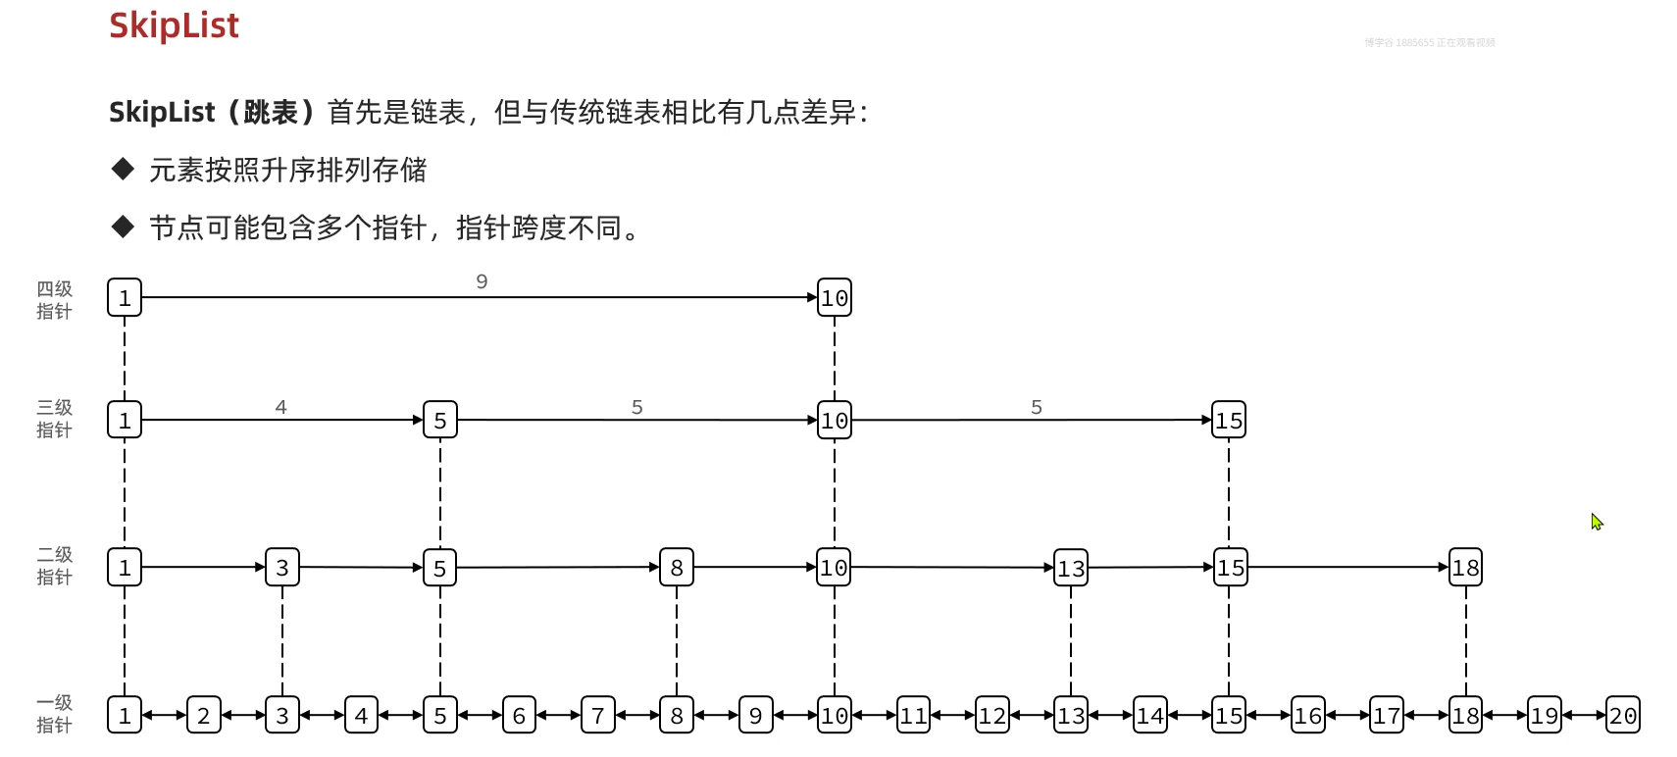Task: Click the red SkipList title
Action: tap(174, 25)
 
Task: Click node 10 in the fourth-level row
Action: tap(835, 298)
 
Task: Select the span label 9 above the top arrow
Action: tap(482, 281)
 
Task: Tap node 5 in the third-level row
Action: tap(440, 421)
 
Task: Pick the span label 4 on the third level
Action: tap(281, 407)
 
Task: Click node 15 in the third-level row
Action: tap(1229, 421)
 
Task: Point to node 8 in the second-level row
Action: tap(677, 568)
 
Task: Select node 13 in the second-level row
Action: tap(1071, 568)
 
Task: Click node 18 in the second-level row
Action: tap(1465, 568)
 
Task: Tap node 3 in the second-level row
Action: tap(282, 568)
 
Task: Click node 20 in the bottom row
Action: tap(1623, 716)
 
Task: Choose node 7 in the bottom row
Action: tap(598, 716)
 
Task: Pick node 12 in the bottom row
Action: tap(992, 716)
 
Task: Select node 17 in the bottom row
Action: tap(1387, 716)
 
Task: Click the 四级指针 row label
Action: tap(55, 300)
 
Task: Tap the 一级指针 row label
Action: tap(55, 714)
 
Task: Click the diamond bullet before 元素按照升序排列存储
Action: tap(123, 170)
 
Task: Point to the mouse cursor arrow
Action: tap(1597, 522)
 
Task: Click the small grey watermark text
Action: tap(1429, 43)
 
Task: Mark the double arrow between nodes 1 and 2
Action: tap(164, 716)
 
